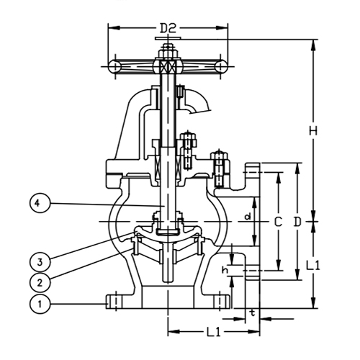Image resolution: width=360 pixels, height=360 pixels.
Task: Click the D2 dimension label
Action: click(167, 28)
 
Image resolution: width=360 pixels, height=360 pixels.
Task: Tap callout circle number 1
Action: click(41, 305)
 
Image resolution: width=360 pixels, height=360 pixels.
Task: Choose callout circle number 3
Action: click(41, 258)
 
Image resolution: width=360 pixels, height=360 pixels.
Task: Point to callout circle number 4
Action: click(41, 204)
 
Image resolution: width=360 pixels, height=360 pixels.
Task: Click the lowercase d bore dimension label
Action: click(247, 216)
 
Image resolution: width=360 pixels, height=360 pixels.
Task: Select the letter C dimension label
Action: click(276, 222)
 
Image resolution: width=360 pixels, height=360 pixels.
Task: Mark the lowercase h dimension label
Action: click(225, 270)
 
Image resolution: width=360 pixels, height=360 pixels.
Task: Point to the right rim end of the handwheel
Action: click(220, 66)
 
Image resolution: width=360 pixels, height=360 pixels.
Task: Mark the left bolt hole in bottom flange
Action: click(114, 300)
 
